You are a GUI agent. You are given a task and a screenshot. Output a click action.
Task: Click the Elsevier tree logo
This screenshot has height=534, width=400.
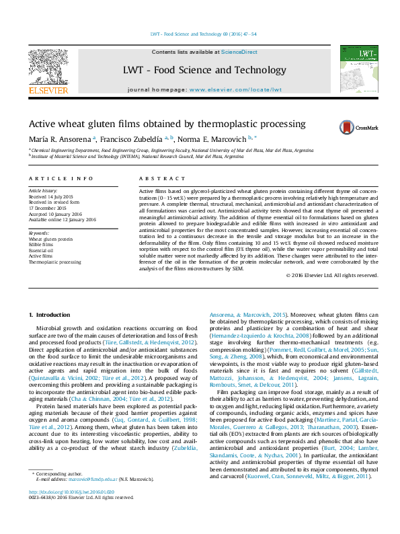(48, 67)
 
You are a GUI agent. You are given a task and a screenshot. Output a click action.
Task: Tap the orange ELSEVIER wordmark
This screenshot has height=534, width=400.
(48, 89)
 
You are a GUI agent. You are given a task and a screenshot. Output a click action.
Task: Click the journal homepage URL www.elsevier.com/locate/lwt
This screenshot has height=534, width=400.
(235, 89)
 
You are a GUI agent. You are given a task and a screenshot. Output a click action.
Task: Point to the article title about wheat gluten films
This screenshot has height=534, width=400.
(157, 124)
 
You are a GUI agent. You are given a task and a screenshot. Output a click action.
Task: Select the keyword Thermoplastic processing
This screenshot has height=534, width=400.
(54, 262)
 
